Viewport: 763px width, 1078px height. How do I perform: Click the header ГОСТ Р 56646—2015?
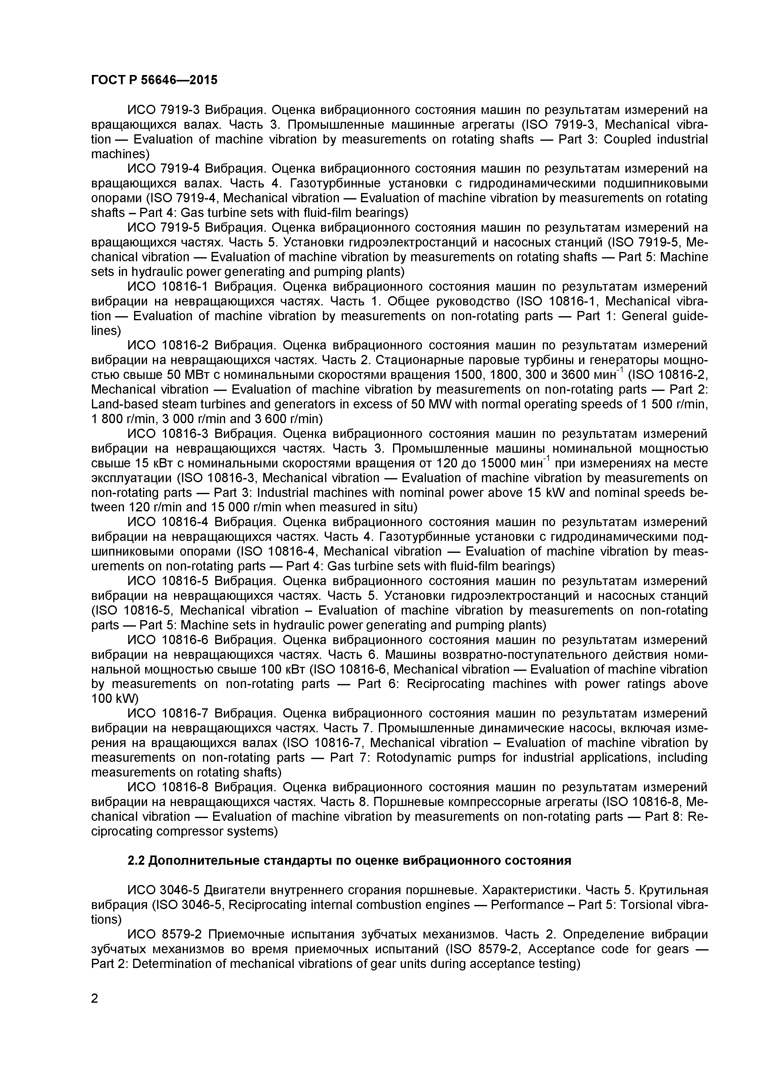tap(154, 80)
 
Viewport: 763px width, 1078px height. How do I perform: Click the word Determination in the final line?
tap(174, 964)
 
